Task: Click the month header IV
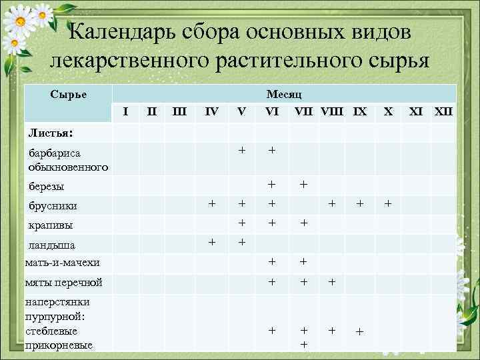click(211, 111)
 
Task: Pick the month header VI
click(272, 111)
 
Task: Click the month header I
click(126, 111)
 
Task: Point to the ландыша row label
click(52, 245)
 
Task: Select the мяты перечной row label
click(63, 283)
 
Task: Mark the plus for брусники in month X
click(389, 202)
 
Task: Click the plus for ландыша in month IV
click(211, 241)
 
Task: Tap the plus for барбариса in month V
click(242, 150)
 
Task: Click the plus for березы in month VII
click(303, 183)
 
